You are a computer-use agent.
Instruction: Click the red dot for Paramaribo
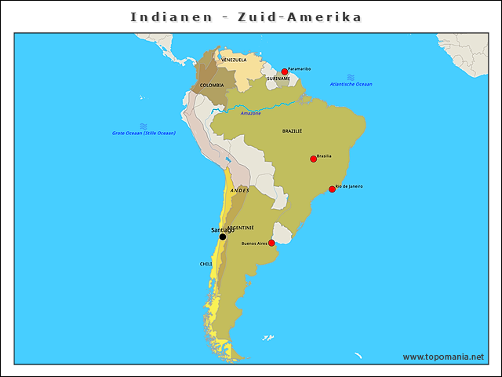tap(285, 71)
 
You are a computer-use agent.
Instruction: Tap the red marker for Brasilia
tap(314, 159)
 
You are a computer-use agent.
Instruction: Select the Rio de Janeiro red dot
tap(332, 189)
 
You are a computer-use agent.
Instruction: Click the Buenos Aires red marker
tap(272, 243)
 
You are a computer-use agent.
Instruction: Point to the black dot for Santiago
tap(223, 236)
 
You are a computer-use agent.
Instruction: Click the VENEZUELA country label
tap(234, 60)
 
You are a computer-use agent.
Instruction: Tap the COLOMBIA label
tap(212, 85)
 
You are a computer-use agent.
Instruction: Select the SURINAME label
tap(278, 79)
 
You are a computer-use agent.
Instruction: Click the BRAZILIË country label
tap(292, 131)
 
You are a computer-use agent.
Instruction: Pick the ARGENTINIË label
tap(240, 227)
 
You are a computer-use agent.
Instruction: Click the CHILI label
tap(206, 264)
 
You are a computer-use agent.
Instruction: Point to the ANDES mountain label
tap(240, 190)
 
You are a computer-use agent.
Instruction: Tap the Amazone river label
tap(251, 113)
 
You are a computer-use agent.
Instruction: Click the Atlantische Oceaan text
tap(351, 84)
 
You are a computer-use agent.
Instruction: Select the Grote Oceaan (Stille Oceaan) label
tap(144, 133)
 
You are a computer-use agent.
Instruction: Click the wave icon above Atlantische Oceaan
tap(351, 76)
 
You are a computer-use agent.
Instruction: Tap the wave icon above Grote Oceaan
tap(144, 126)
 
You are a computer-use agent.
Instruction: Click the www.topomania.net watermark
tap(443, 357)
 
